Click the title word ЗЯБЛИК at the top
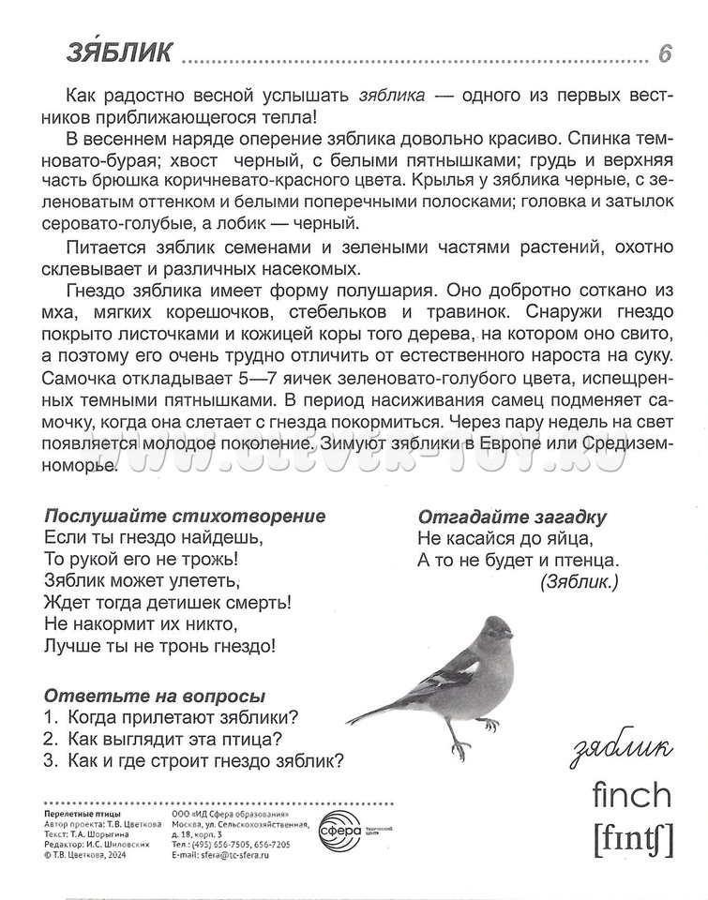tap(119, 53)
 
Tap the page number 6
tap(665, 54)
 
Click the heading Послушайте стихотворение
tap(186, 517)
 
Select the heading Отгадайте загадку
tap(513, 517)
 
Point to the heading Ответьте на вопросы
tap(155, 697)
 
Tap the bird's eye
tap(497, 628)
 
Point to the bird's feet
tap(473, 736)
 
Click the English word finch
tap(632, 796)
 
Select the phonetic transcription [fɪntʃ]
tap(633, 839)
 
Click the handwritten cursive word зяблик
tap(621, 749)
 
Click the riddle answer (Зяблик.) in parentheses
tap(580, 582)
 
